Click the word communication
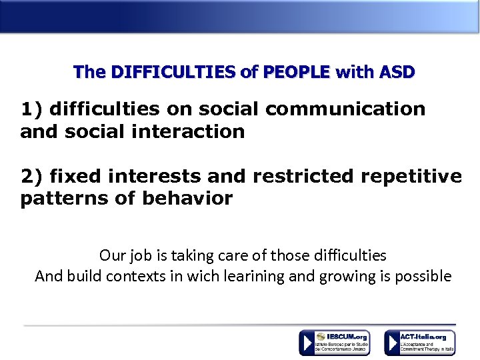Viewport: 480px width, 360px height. click(x=349, y=109)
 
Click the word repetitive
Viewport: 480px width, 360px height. click(x=413, y=176)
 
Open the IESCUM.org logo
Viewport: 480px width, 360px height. click(x=334, y=343)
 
